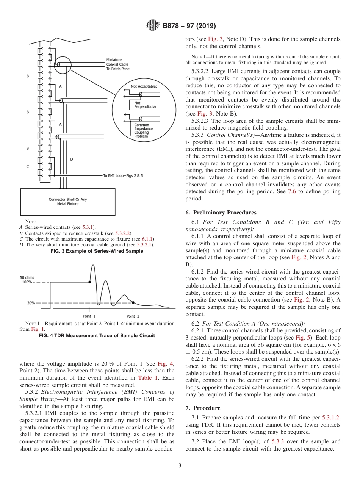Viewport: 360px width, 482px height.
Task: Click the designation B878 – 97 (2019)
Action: point(189,26)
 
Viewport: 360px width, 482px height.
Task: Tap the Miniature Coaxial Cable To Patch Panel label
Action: point(118,64)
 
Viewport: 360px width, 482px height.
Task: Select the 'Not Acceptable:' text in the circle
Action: point(144,86)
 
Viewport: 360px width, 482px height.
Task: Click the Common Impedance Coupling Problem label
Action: point(144,130)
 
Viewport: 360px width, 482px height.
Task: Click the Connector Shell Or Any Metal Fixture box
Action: point(68,202)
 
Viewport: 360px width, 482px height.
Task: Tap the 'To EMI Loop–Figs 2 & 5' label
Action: point(123,176)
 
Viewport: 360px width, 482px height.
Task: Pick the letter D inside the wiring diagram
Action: point(71,160)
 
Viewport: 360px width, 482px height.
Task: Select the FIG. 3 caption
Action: point(97,251)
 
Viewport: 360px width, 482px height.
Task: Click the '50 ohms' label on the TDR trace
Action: point(27,278)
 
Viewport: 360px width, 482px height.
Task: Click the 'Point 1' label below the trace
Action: point(89,316)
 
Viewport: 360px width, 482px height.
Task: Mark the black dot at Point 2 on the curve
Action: point(133,302)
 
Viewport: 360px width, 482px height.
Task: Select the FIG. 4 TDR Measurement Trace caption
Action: point(97,336)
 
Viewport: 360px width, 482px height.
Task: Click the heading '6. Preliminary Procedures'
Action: point(221,213)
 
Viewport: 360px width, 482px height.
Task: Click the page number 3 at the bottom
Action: point(180,465)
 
